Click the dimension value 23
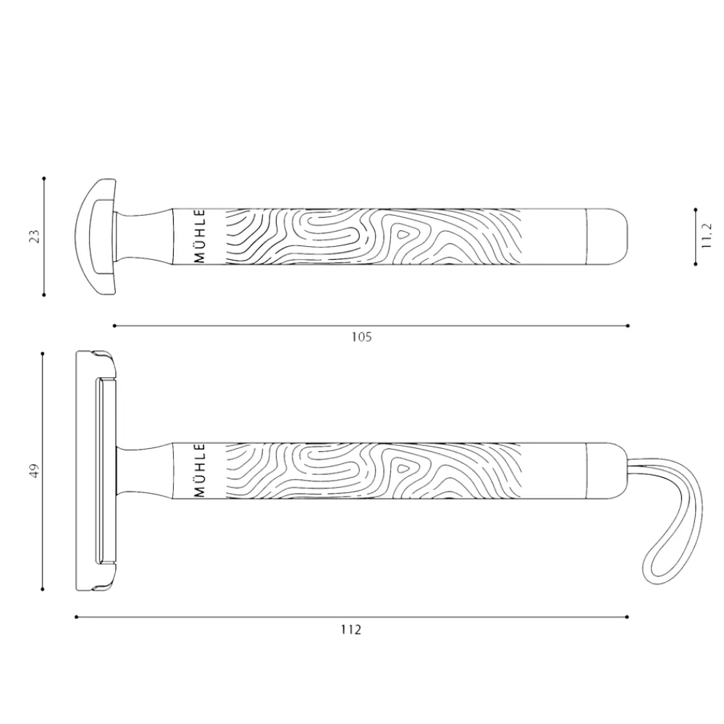point(35,236)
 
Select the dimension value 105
point(361,337)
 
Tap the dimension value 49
point(35,471)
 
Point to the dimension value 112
point(351,629)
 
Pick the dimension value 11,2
point(707,237)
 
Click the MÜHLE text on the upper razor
point(200,237)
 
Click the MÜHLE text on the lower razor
point(200,471)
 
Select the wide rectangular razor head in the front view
point(96,471)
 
